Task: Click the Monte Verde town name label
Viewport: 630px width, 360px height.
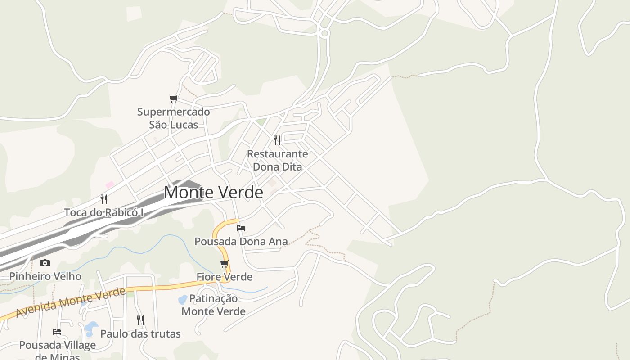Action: [213, 193]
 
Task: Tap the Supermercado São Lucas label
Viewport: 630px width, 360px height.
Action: [173, 118]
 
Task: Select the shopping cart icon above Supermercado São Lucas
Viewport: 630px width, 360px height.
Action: [174, 99]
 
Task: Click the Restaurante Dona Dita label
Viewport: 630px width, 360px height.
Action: [278, 160]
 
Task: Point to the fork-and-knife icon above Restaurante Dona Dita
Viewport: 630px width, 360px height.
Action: [277, 140]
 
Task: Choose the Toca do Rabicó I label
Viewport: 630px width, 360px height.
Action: [104, 212]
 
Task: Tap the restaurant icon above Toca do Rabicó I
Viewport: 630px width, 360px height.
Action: [104, 199]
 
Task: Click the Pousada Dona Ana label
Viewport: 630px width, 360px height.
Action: [241, 242]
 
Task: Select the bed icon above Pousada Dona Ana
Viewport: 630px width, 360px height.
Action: [241, 228]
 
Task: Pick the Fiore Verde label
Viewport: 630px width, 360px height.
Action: [225, 277]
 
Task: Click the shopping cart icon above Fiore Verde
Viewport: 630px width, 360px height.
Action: [224, 264]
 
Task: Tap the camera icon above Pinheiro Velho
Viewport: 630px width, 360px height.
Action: [45, 263]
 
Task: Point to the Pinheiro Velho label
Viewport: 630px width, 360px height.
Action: [45, 276]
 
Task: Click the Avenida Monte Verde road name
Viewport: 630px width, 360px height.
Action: [71, 302]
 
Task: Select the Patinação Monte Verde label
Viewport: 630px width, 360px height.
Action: [213, 305]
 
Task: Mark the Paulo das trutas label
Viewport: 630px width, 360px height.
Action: [140, 334]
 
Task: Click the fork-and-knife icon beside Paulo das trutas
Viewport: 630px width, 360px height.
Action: [140, 320]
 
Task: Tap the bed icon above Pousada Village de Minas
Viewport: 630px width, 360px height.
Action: [57, 332]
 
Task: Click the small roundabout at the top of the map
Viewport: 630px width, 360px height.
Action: [324, 33]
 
